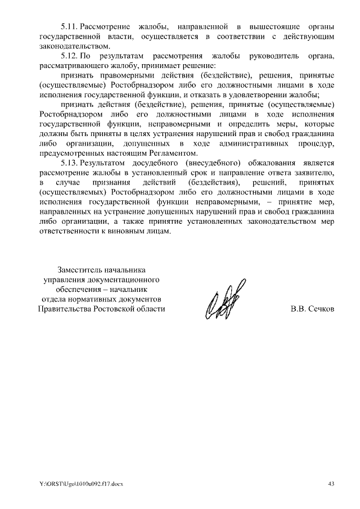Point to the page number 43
(x=331, y=484)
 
